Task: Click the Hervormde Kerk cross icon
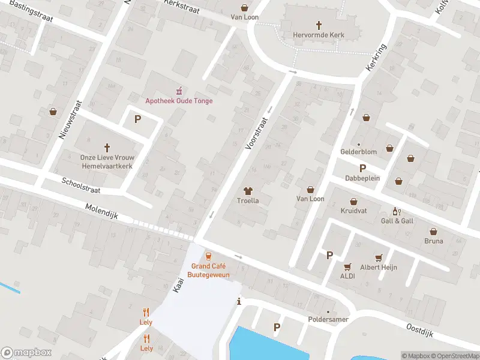pos(319,25)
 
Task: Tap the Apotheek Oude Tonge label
pos(179,100)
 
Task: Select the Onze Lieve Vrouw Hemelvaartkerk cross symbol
pos(107,147)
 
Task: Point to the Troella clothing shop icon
pos(248,190)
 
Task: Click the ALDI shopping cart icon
pos(347,266)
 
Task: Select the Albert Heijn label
pos(379,268)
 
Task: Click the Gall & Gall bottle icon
pos(396,211)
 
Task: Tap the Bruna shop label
pos(433,241)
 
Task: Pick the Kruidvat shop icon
pos(353,202)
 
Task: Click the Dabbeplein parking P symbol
pos(362,168)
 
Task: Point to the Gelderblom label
pos(359,152)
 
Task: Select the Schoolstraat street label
pos(81,185)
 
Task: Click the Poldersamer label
pos(328,319)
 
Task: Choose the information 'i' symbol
pos(239,301)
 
